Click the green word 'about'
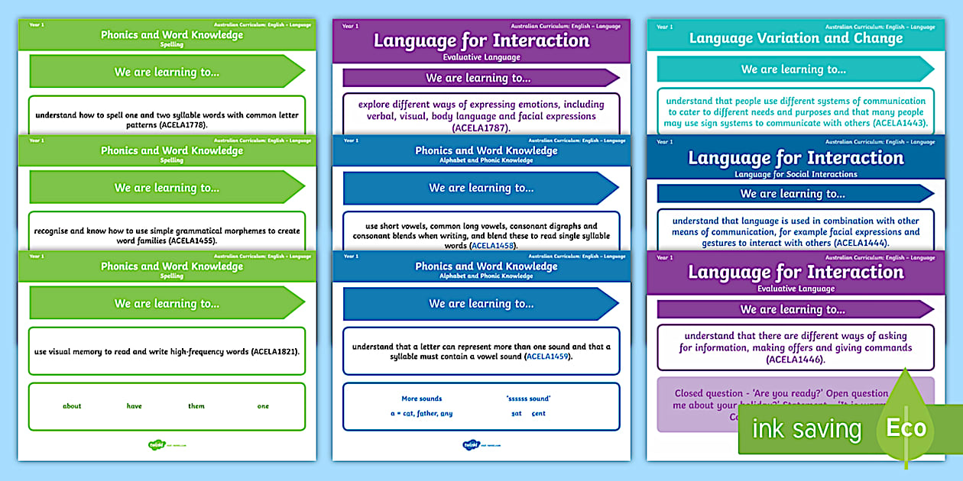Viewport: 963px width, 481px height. pos(72,406)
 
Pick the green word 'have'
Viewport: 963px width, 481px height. pos(135,406)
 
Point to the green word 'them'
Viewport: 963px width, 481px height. pos(196,406)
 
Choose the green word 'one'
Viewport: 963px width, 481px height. pos(263,406)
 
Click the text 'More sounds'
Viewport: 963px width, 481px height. pos(422,399)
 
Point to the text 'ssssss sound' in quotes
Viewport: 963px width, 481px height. pos(528,399)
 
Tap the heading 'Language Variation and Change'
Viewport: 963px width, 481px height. pos(796,38)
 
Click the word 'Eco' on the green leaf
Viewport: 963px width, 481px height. pos(906,428)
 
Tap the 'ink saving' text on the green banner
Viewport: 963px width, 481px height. pos(806,429)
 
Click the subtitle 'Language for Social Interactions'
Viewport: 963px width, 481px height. pos(796,174)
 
